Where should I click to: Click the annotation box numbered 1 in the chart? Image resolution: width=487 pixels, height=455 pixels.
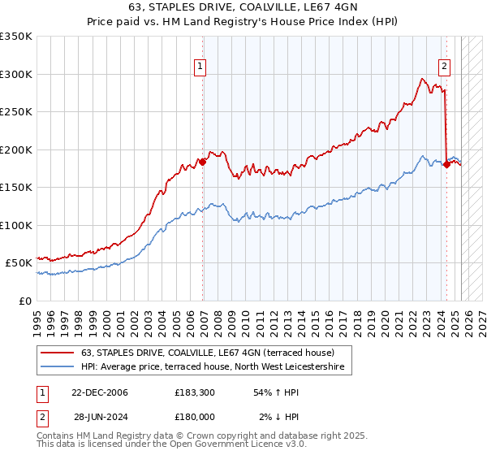(200, 67)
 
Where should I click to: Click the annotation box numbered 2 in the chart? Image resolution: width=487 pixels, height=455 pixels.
(445, 67)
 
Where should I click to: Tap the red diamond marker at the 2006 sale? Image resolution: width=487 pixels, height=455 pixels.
(202, 162)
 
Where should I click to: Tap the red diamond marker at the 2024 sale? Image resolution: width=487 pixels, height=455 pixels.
(446, 164)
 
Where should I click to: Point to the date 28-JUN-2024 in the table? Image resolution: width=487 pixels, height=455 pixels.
(99, 418)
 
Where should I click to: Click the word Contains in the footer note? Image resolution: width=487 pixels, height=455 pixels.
(57, 436)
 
